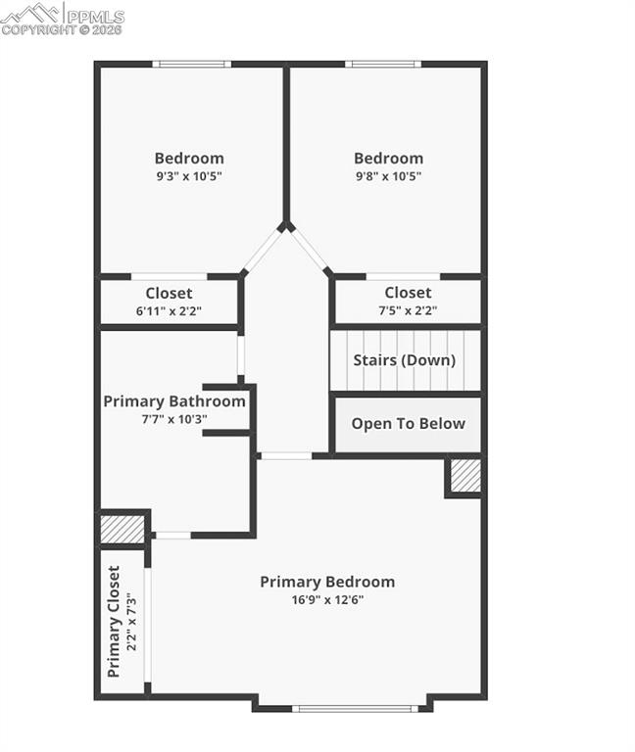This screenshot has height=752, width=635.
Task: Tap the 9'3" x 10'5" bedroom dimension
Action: click(x=189, y=177)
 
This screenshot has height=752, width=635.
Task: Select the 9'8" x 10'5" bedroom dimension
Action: click(x=388, y=177)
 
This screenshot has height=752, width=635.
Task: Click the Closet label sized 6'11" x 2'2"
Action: click(x=169, y=293)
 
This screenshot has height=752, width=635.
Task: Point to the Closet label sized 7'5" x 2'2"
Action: click(x=408, y=293)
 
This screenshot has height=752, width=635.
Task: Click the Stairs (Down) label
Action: click(x=405, y=360)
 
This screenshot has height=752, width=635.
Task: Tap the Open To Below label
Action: click(x=408, y=424)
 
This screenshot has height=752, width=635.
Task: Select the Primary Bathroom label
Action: click(x=174, y=401)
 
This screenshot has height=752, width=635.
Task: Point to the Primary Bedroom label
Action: click(x=327, y=582)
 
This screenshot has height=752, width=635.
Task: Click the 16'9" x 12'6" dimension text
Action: click(x=327, y=600)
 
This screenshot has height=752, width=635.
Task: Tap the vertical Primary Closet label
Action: click(x=114, y=622)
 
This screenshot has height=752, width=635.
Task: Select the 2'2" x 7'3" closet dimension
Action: click(x=133, y=622)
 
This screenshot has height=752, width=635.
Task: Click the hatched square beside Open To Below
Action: click(x=464, y=476)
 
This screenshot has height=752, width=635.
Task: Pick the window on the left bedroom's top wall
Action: click(x=192, y=65)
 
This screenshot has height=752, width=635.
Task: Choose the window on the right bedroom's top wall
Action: click(x=383, y=65)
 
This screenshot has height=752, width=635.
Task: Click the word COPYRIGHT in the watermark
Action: click(x=37, y=30)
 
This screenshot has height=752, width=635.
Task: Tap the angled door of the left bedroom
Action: click(x=262, y=251)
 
